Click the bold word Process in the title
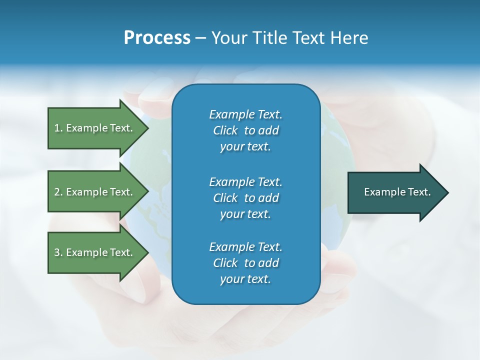coord(157,38)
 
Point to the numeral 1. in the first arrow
coord(58,128)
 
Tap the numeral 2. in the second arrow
coord(58,192)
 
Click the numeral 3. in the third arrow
coord(58,252)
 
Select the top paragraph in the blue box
coord(245,130)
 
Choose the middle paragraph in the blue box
coord(245,197)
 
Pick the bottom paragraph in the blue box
coord(245,263)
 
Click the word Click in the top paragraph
coord(225,130)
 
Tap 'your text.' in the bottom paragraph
coord(245,279)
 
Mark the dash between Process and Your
coord(200,38)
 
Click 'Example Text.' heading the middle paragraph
coord(245,181)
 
